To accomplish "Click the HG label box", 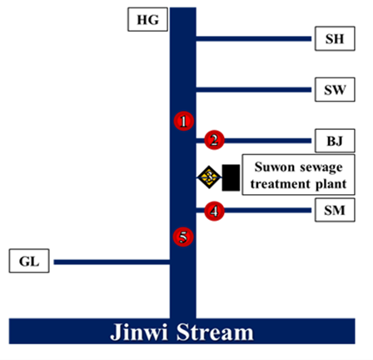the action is coord(147,19).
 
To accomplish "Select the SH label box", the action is coord(335,38).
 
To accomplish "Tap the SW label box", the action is coord(335,89).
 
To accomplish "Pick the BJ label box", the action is coord(335,141).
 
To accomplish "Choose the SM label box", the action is coord(335,210).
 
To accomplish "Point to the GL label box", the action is coord(29,261).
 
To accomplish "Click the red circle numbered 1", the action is coord(184,121).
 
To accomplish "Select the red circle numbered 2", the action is coord(214,140).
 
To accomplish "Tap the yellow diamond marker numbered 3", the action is coord(209,177).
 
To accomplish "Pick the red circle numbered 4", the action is coord(214,211).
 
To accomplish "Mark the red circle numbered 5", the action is coord(183,237).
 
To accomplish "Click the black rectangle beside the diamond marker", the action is coord(231,177).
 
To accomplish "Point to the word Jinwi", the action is coord(139,332).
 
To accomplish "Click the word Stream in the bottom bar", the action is coord(215,332).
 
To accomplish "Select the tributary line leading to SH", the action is coord(254,38).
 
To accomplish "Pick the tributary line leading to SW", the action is coord(254,90).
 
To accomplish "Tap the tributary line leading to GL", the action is coord(112,262).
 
